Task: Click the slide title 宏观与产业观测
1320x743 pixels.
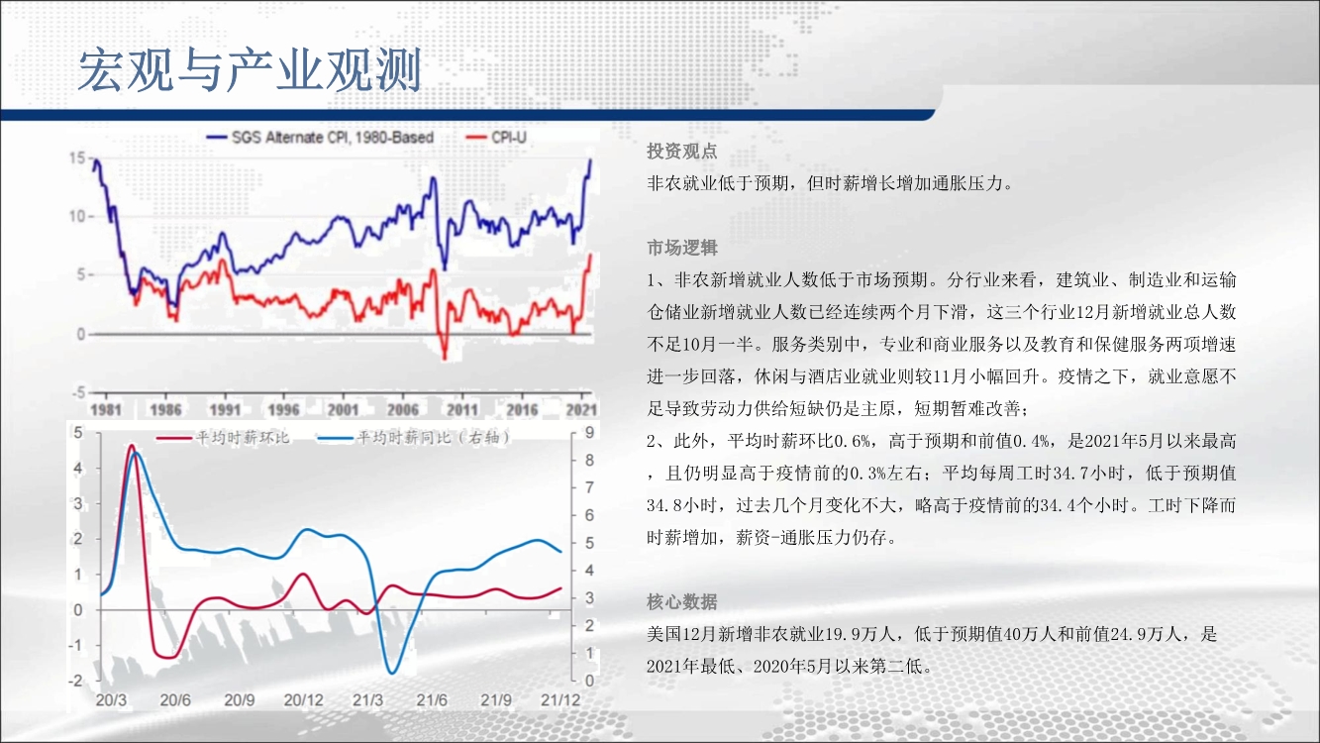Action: pyautogui.click(x=250, y=70)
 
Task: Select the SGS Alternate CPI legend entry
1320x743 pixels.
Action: pyautogui.click(x=320, y=138)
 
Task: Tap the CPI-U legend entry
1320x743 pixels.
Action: pyautogui.click(x=496, y=138)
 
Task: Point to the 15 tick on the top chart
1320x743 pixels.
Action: pyautogui.click(x=77, y=159)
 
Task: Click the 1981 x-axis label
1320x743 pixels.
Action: pyautogui.click(x=106, y=409)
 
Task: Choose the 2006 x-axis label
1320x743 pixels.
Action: pyautogui.click(x=403, y=409)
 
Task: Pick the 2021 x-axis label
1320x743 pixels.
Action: pyautogui.click(x=581, y=409)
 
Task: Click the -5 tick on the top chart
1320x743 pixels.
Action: pyautogui.click(x=78, y=392)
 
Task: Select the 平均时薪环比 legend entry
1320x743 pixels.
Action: pyautogui.click(x=224, y=438)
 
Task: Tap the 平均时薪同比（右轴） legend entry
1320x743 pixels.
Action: pyautogui.click(x=414, y=438)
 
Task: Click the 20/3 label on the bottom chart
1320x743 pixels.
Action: pyautogui.click(x=111, y=700)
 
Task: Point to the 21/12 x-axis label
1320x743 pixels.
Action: pyautogui.click(x=560, y=700)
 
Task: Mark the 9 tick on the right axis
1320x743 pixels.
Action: pyautogui.click(x=589, y=432)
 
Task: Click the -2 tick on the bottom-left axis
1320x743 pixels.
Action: pyautogui.click(x=75, y=681)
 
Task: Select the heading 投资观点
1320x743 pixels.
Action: pyautogui.click(x=682, y=152)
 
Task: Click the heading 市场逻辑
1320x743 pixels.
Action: pyautogui.click(x=682, y=248)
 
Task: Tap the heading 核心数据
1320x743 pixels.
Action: pyautogui.click(x=682, y=602)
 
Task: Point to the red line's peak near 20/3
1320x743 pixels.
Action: pyautogui.click(x=132, y=445)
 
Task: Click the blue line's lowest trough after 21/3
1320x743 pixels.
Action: pyautogui.click(x=392, y=673)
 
